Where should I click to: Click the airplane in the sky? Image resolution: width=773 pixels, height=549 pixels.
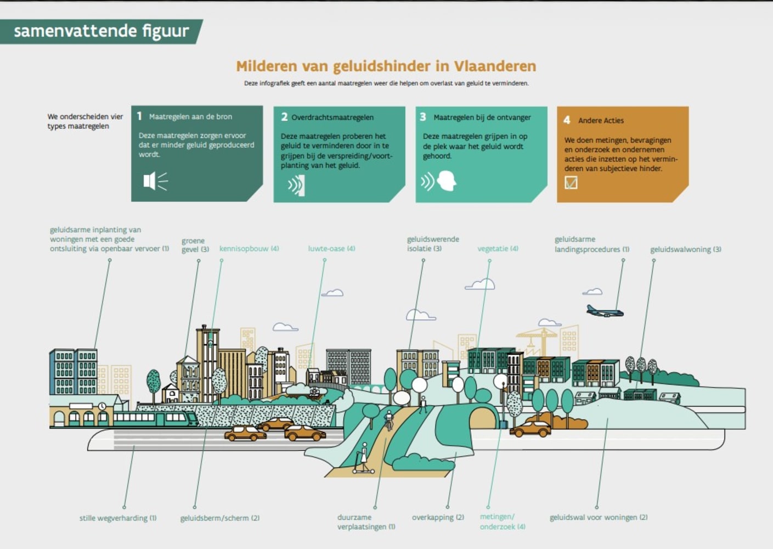(605, 311)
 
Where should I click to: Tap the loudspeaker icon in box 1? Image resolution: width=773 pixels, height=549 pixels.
(155, 181)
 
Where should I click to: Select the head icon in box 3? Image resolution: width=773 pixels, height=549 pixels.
(447, 181)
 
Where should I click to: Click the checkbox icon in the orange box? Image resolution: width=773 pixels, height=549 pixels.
(571, 183)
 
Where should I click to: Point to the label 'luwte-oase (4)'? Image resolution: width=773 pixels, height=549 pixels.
(331, 249)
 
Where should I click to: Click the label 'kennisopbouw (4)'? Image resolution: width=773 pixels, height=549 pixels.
(249, 249)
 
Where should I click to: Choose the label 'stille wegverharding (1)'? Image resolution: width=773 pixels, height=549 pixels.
(118, 518)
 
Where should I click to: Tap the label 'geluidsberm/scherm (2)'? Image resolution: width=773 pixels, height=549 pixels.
(220, 518)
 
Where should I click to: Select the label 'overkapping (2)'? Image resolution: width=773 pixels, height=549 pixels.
(438, 518)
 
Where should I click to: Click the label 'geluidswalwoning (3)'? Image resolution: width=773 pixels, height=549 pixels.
(686, 249)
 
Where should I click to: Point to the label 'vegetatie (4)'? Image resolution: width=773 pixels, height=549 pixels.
(498, 249)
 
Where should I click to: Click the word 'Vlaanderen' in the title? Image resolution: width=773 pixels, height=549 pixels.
(495, 66)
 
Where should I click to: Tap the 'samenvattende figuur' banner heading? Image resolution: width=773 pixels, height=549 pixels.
(101, 31)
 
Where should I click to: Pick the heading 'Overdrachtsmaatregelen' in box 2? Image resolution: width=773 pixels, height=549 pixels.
(332, 117)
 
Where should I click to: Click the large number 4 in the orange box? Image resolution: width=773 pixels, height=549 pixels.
(567, 120)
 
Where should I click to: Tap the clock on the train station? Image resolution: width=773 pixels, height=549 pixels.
(102, 406)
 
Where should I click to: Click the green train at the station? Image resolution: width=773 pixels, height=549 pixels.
(156, 418)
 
